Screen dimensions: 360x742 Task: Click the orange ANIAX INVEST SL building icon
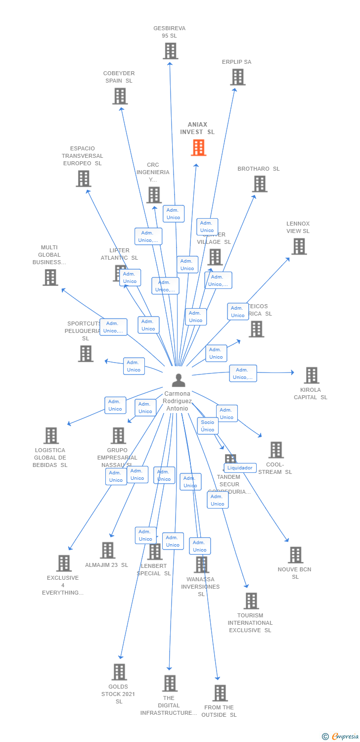tap(198, 147)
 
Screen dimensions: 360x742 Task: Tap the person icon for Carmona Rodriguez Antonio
tap(178, 380)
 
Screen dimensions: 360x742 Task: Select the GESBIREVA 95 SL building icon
tap(171, 51)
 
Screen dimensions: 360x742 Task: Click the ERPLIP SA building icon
tap(238, 77)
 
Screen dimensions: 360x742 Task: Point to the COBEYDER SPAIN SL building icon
tap(120, 96)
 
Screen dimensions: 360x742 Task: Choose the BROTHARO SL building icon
tap(260, 184)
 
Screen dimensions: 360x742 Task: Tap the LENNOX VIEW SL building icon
tap(299, 246)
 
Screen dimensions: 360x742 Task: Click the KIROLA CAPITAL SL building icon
tap(311, 375)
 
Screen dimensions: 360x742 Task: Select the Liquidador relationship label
tap(240, 467)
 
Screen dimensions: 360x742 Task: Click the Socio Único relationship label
tap(208, 425)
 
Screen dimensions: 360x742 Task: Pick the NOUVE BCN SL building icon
tap(295, 555)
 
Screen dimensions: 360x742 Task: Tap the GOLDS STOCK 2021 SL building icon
tap(119, 672)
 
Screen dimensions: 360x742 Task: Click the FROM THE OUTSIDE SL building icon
tap(220, 693)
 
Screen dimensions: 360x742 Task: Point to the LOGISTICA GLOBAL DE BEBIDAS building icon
tap(51, 436)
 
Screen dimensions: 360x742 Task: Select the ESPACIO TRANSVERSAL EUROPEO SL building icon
tap(84, 179)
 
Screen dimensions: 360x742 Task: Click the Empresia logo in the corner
tap(340, 737)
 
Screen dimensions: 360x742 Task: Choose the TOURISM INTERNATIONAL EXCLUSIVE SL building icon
tap(251, 601)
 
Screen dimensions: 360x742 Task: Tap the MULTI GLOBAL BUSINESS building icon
tap(50, 278)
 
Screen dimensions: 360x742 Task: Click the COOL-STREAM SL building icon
tap(276, 450)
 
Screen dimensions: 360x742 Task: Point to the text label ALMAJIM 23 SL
tap(106, 565)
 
